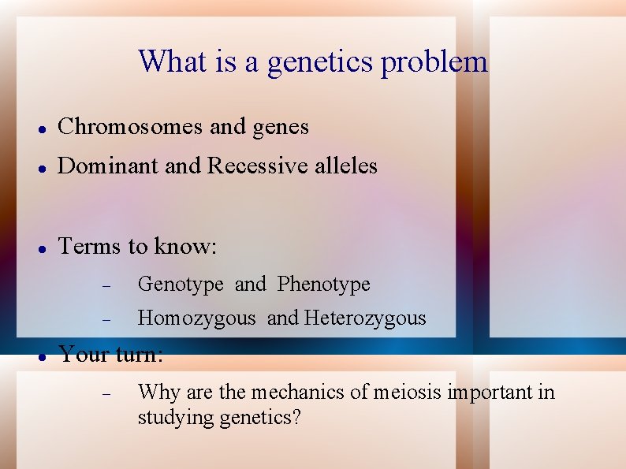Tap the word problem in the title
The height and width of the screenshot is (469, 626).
434,62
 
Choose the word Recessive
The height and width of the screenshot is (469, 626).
257,166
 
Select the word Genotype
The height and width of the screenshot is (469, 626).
181,285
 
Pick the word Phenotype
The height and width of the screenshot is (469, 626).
323,284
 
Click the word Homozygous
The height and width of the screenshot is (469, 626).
196,318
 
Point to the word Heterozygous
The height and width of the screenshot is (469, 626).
364,318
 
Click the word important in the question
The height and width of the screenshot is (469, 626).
491,392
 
